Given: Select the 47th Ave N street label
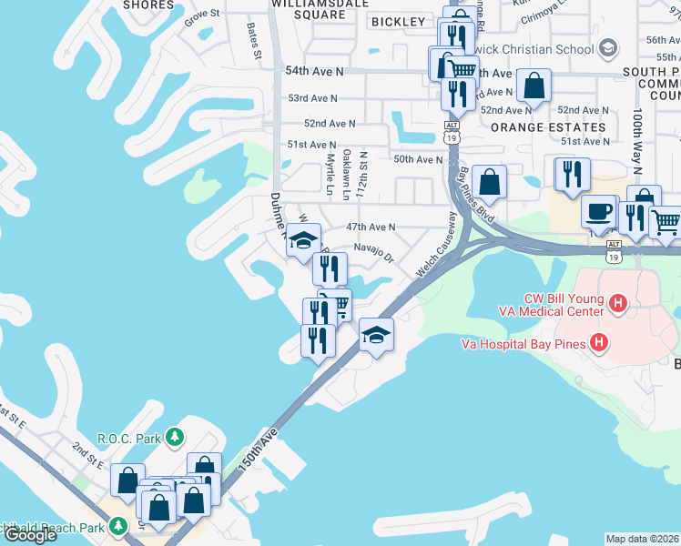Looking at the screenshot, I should pos(371,227).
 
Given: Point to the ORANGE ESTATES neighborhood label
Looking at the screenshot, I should pos(547,127).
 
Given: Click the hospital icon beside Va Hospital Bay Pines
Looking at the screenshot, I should pos(599,342).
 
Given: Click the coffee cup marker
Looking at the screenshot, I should pos(598,211).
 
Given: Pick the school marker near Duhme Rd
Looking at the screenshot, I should pos(303,241).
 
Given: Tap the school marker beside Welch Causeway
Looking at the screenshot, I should pos(376,335).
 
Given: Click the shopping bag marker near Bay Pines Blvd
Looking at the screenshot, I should pos(490,181).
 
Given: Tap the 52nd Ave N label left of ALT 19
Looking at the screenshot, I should pos(330,122).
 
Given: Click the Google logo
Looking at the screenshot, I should pos(30,534).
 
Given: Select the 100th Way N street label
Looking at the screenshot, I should pos(637,143).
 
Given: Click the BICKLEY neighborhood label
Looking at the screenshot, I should pos(398,21).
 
